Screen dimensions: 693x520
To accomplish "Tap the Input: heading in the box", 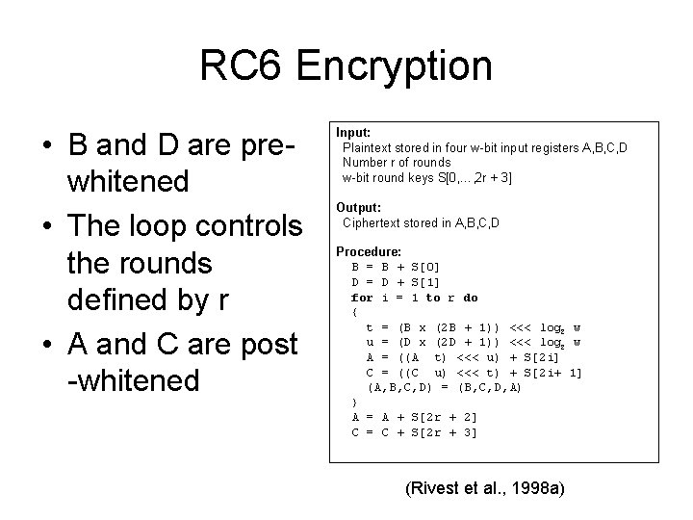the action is (x=353, y=131).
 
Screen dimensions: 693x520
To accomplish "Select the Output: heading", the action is (x=358, y=207).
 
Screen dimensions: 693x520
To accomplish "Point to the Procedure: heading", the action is (x=368, y=251).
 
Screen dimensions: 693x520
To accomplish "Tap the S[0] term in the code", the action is (x=425, y=266).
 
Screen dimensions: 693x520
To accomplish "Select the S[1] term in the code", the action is (x=425, y=281).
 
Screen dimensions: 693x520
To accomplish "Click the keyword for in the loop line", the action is (x=362, y=298).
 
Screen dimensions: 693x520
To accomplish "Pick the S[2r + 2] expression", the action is (x=444, y=417).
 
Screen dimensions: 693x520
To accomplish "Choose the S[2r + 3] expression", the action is (x=444, y=432).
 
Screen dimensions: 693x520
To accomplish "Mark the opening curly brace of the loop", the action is (x=356, y=312).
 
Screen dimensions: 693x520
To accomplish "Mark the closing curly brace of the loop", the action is (x=356, y=402).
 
